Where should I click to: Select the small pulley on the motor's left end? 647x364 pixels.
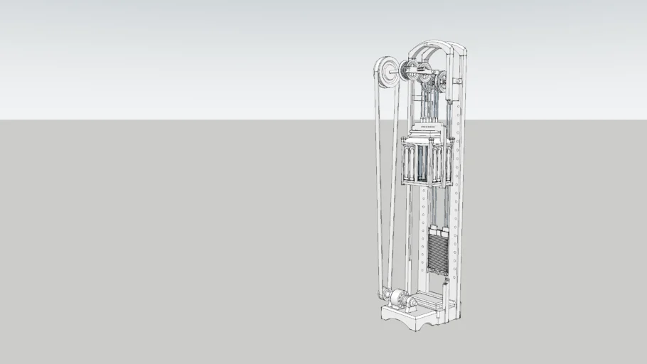(387, 294)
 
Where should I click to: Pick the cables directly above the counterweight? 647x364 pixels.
(438, 210)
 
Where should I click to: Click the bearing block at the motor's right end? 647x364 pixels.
(413, 302)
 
